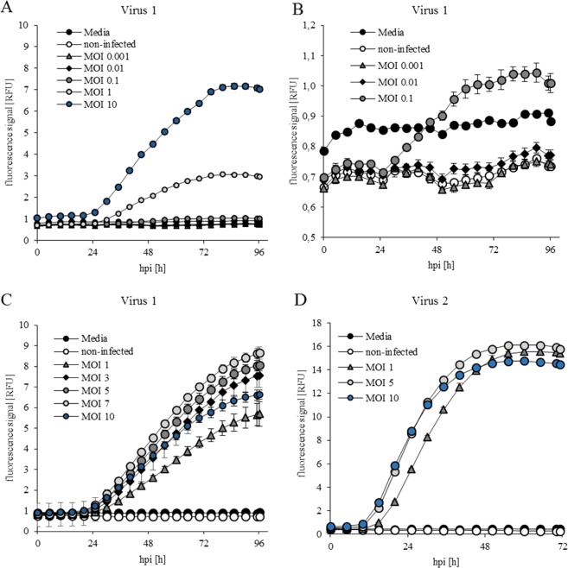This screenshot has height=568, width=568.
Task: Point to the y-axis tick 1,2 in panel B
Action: coord(308,25)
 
